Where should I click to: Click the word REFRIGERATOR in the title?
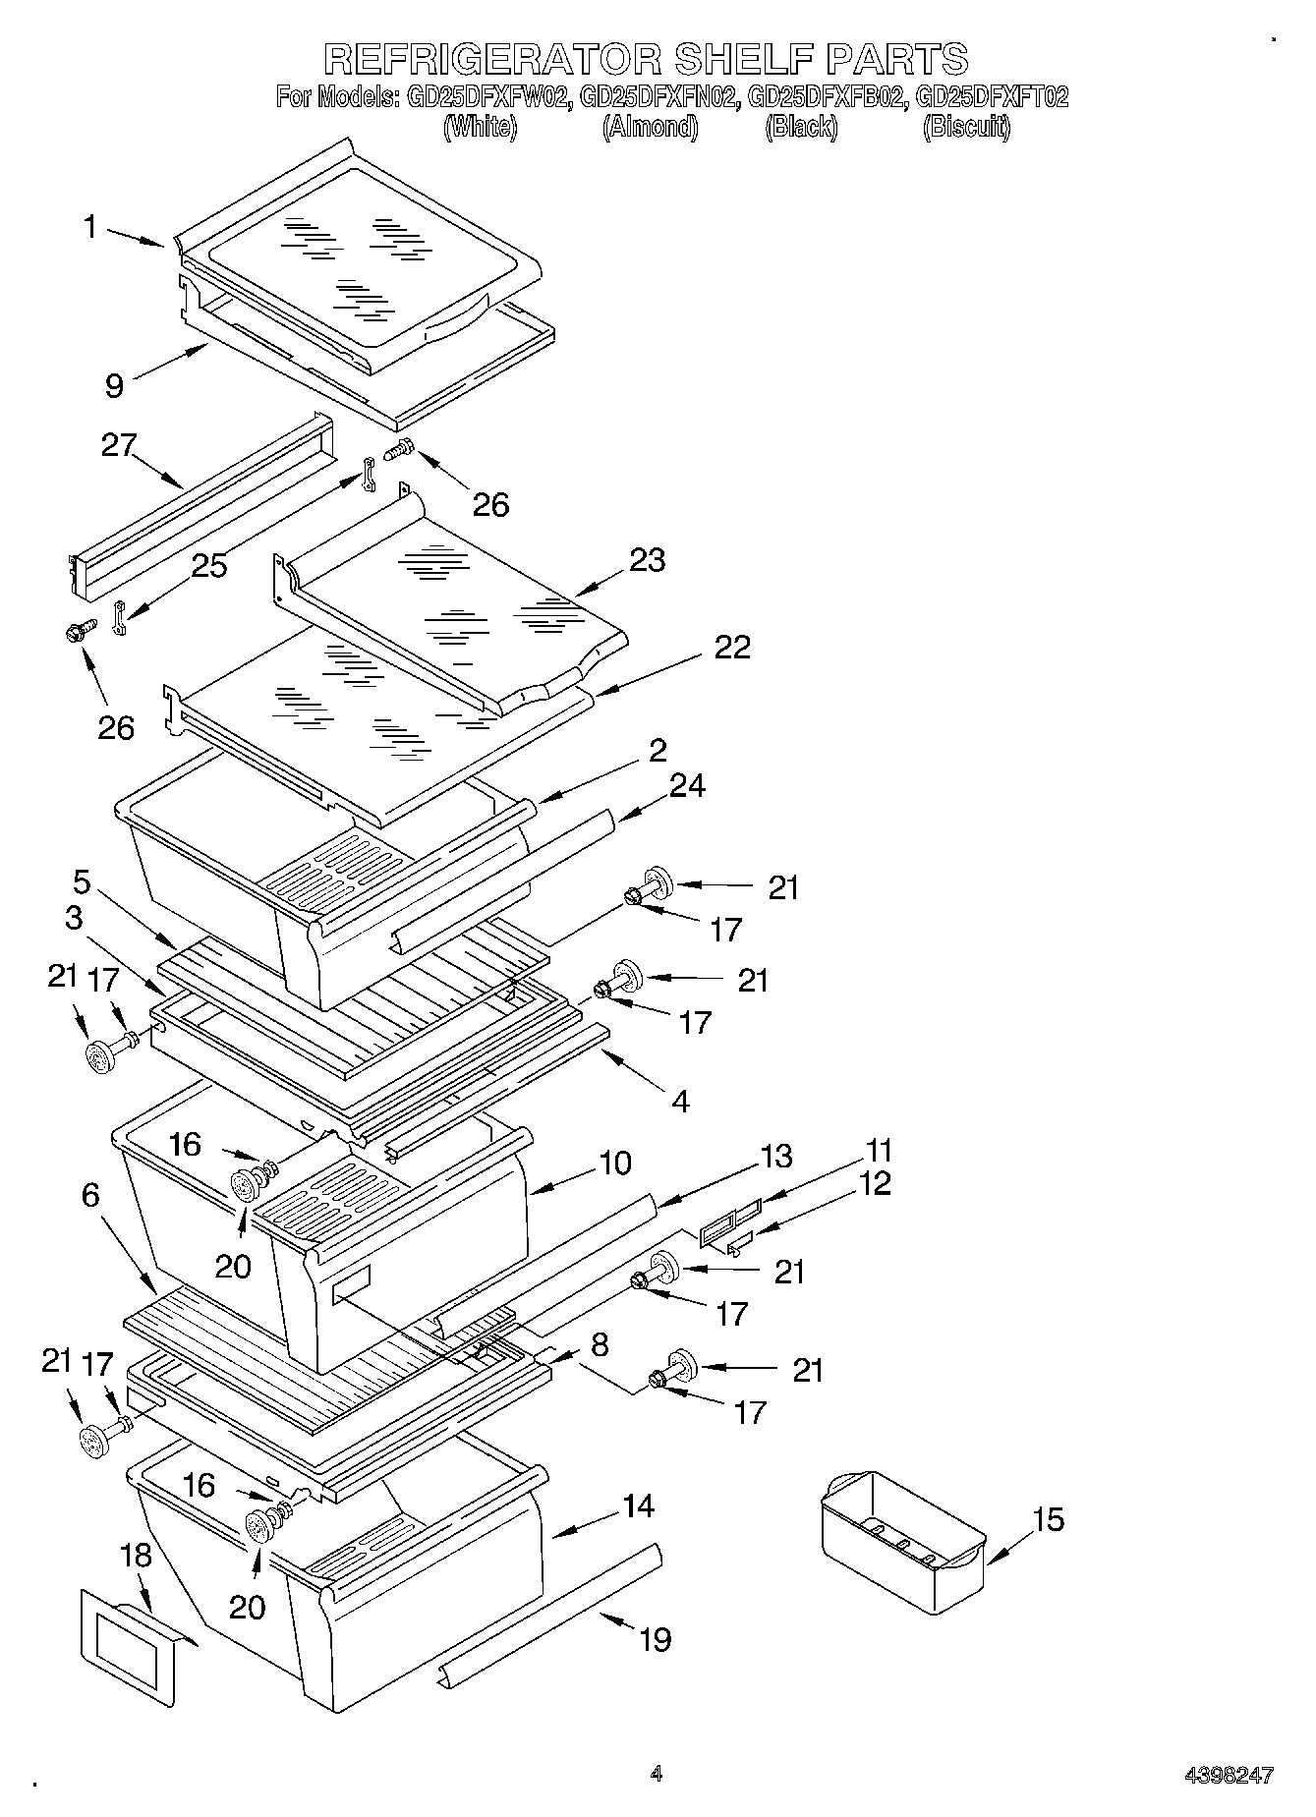[x=494, y=59]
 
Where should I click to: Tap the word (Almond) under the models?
[x=650, y=127]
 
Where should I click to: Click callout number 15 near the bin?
[x=1049, y=1519]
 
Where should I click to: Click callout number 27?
[x=118, y=445]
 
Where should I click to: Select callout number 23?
[x=648, y=560]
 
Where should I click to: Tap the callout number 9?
[x=115, y=385]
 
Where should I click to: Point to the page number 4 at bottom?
[x=657, y=1774]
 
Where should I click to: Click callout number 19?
[x=656, y=1639]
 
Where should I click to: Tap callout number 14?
[x=638, y=1505]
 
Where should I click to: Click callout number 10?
[x=615, y=1163]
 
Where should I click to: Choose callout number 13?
[x=775, y=1156]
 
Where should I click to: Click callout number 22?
[x=732, y=647]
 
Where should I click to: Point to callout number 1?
[x=89, y=227]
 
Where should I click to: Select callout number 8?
[x=599, y=1344]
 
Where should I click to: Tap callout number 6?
[x=90, y=1195]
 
